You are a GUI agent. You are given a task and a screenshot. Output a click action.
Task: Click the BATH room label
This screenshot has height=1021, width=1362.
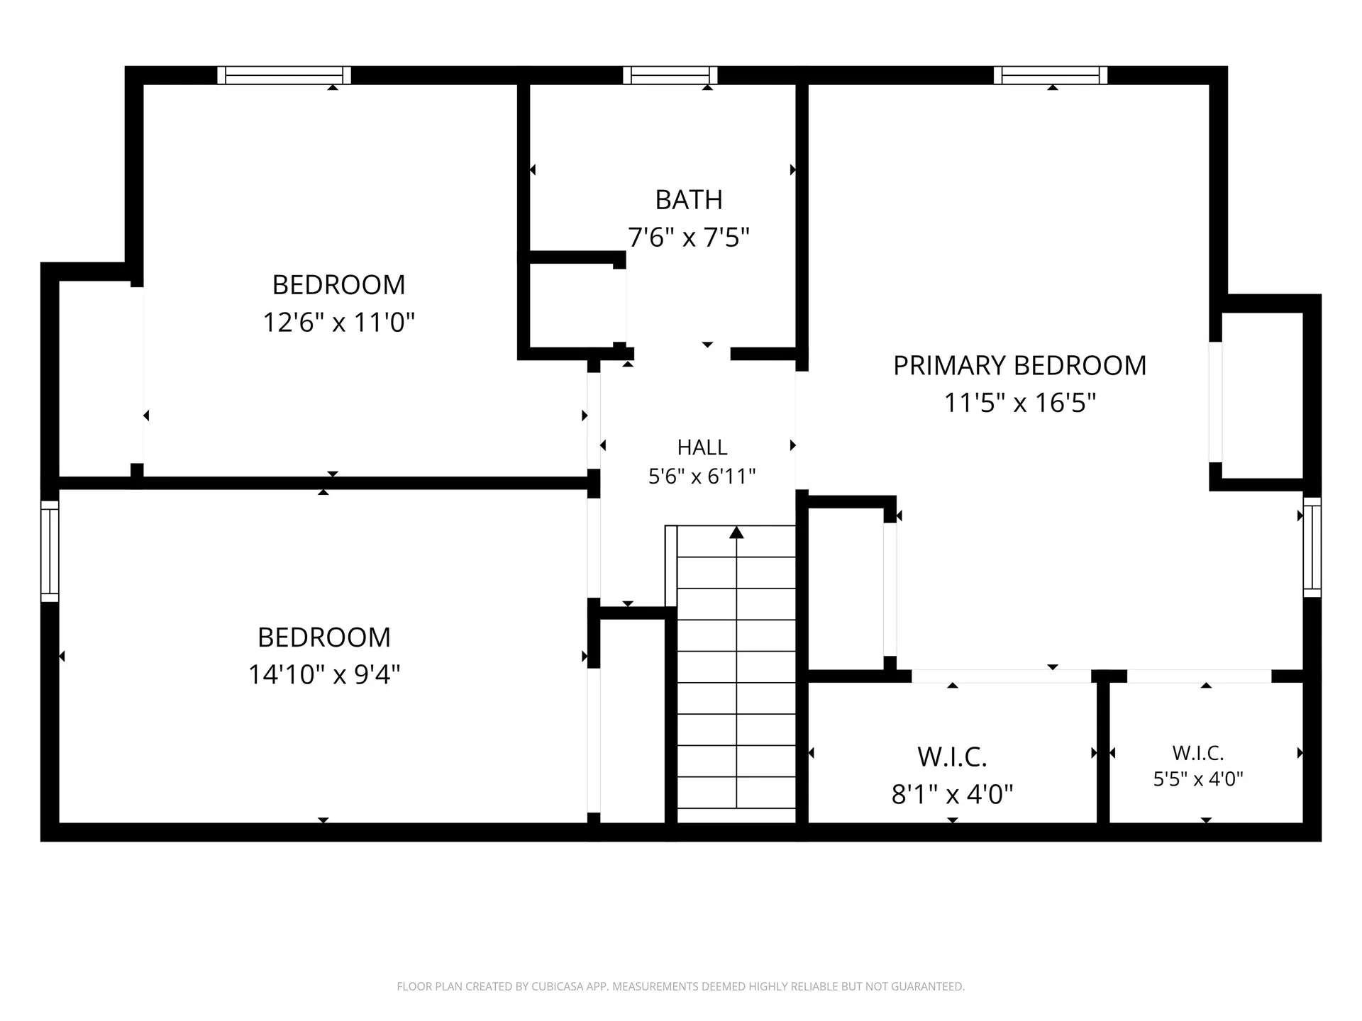click(689, 201)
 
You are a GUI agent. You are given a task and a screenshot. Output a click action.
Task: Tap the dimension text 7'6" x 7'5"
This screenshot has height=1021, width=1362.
click(689, 237)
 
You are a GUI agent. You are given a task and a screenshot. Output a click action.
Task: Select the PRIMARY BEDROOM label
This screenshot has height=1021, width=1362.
click(1019, 366)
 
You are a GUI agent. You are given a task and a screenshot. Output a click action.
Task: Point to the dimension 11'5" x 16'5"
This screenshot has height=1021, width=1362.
click(1019, 403)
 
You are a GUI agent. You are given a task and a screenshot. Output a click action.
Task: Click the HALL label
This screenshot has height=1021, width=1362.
click(702, 447)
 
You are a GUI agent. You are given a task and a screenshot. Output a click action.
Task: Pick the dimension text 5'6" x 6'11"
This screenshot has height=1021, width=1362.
click(702, 476)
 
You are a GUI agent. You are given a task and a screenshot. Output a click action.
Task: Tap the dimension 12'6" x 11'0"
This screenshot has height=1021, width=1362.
click(338, 322)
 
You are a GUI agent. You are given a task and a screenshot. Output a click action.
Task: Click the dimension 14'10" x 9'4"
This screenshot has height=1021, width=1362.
click(324, 674)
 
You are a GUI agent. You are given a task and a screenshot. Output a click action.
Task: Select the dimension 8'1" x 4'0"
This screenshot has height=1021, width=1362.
click(952, 794)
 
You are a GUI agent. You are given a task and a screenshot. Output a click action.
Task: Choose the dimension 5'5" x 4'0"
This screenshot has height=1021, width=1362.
click(1198, 779)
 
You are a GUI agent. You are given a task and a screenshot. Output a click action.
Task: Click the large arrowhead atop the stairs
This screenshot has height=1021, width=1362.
click(736, 532)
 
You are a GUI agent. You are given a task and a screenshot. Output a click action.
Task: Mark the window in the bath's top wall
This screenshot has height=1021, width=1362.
click(670, 75)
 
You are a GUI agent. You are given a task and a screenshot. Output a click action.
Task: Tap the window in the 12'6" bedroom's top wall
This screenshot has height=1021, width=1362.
click(284, 75)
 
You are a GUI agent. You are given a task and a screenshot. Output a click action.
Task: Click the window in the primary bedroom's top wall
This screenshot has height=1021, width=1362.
click(1051, 75)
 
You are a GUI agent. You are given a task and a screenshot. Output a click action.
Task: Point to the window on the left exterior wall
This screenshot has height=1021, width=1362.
click(50, 552)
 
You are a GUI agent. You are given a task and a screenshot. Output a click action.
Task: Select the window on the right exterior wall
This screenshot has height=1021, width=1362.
click(1312, 547)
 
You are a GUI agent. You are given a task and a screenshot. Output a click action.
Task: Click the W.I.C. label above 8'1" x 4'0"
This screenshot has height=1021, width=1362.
click(952, 757)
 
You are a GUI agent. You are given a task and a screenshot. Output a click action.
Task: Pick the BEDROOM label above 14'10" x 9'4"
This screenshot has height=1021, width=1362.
click(324, 637)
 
